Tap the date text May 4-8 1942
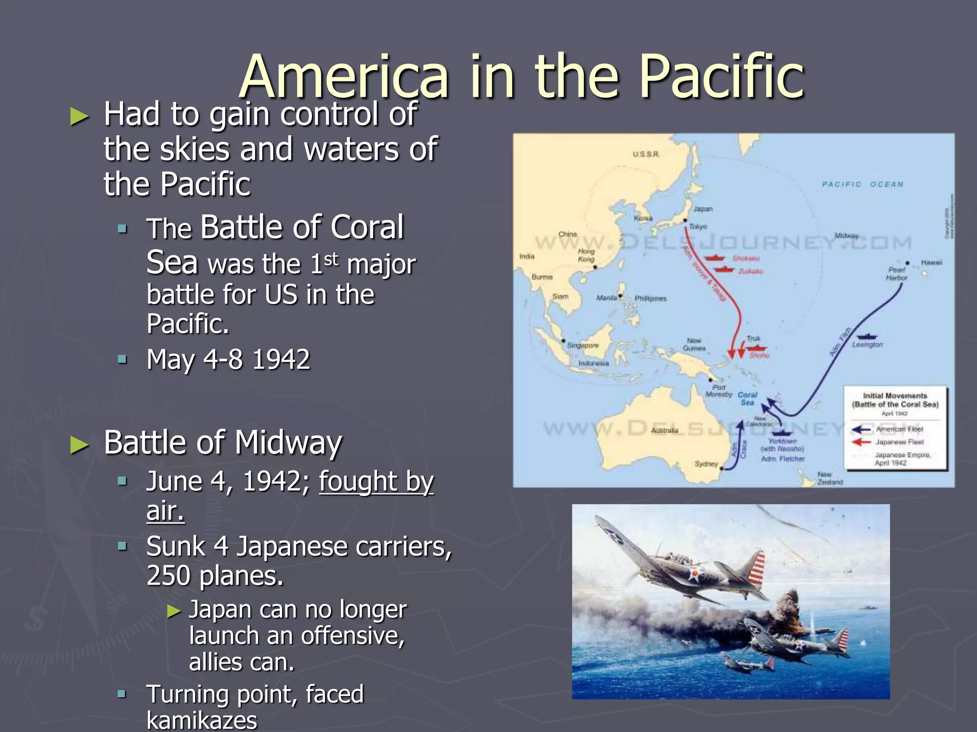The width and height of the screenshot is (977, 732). (x=229, y=359)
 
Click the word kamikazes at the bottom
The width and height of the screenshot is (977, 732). (x=202, y=720)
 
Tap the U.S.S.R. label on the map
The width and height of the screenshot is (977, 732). (x=646, y=154)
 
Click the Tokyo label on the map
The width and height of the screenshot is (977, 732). (x=698, y=227)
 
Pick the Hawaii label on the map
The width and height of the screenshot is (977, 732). (x=931, y=263)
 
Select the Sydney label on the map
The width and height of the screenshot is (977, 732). (x=706, y=464)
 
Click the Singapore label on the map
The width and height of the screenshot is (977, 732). (x=582, y=345)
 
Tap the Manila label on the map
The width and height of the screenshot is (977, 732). (x=606, y=298)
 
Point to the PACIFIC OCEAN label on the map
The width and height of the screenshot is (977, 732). (x=863, y=184)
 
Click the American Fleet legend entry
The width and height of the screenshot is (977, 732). (x=899, y=429)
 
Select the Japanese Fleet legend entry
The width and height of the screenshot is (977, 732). (x=899, y=442)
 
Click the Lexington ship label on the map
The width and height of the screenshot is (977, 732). (x=867, y=345)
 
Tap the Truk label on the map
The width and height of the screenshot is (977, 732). (x=753, y=338)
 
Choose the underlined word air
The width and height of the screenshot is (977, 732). (x=165, y=511)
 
